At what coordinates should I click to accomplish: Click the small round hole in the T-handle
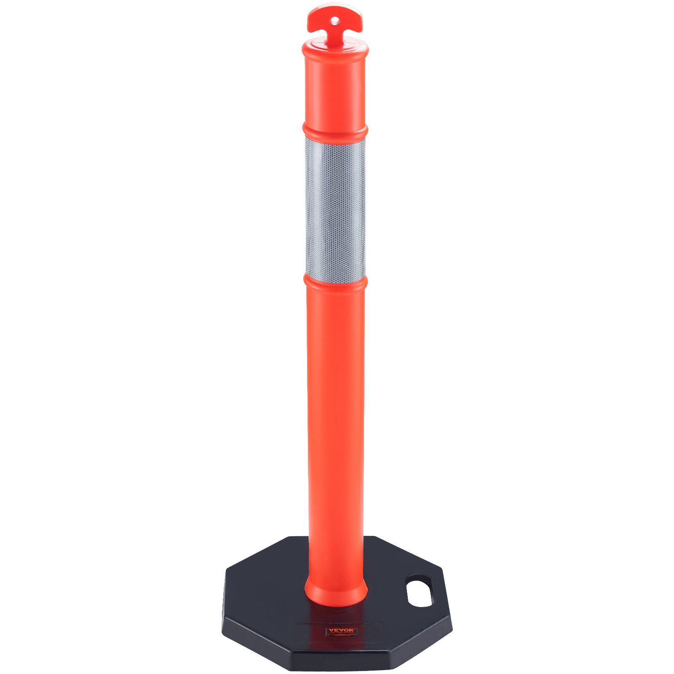(334, 19)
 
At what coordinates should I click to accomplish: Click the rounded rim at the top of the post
(335, 50)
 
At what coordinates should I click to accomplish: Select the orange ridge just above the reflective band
(335, 130)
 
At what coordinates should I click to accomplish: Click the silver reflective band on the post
(335, 206)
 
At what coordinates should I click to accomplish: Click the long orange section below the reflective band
(335, 421)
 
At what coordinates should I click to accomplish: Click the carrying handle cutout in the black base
(419, 591)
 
